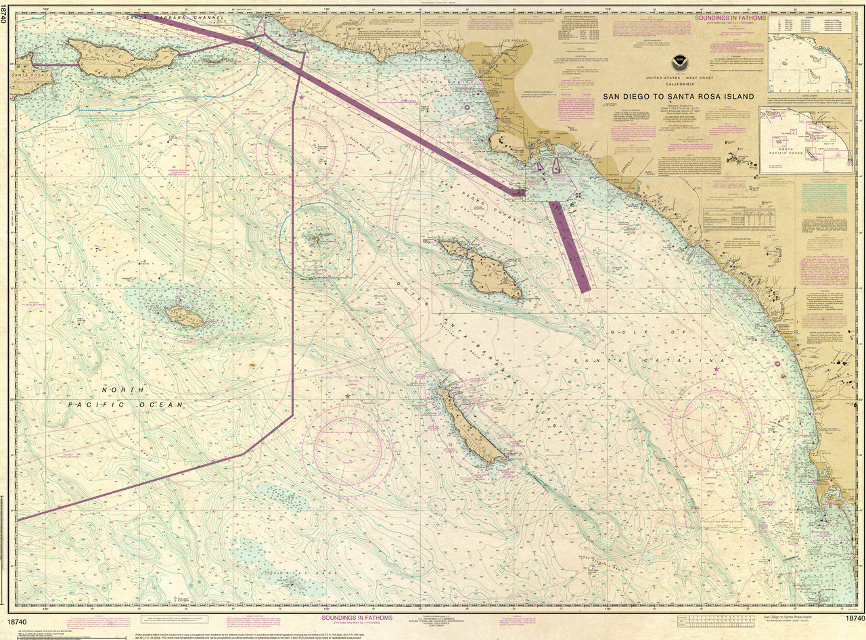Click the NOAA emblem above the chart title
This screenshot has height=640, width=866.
click(x=679, y=64)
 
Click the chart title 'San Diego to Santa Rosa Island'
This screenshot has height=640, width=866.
click(x=678, y=97)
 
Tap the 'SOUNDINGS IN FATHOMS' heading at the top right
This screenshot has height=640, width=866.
click(x=730, y=18)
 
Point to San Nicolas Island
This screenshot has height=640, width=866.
click(x=185, y=315)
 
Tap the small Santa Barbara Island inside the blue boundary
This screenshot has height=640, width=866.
click(x=315, y=238)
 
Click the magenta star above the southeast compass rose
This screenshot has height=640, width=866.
click(x=716, y=369)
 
